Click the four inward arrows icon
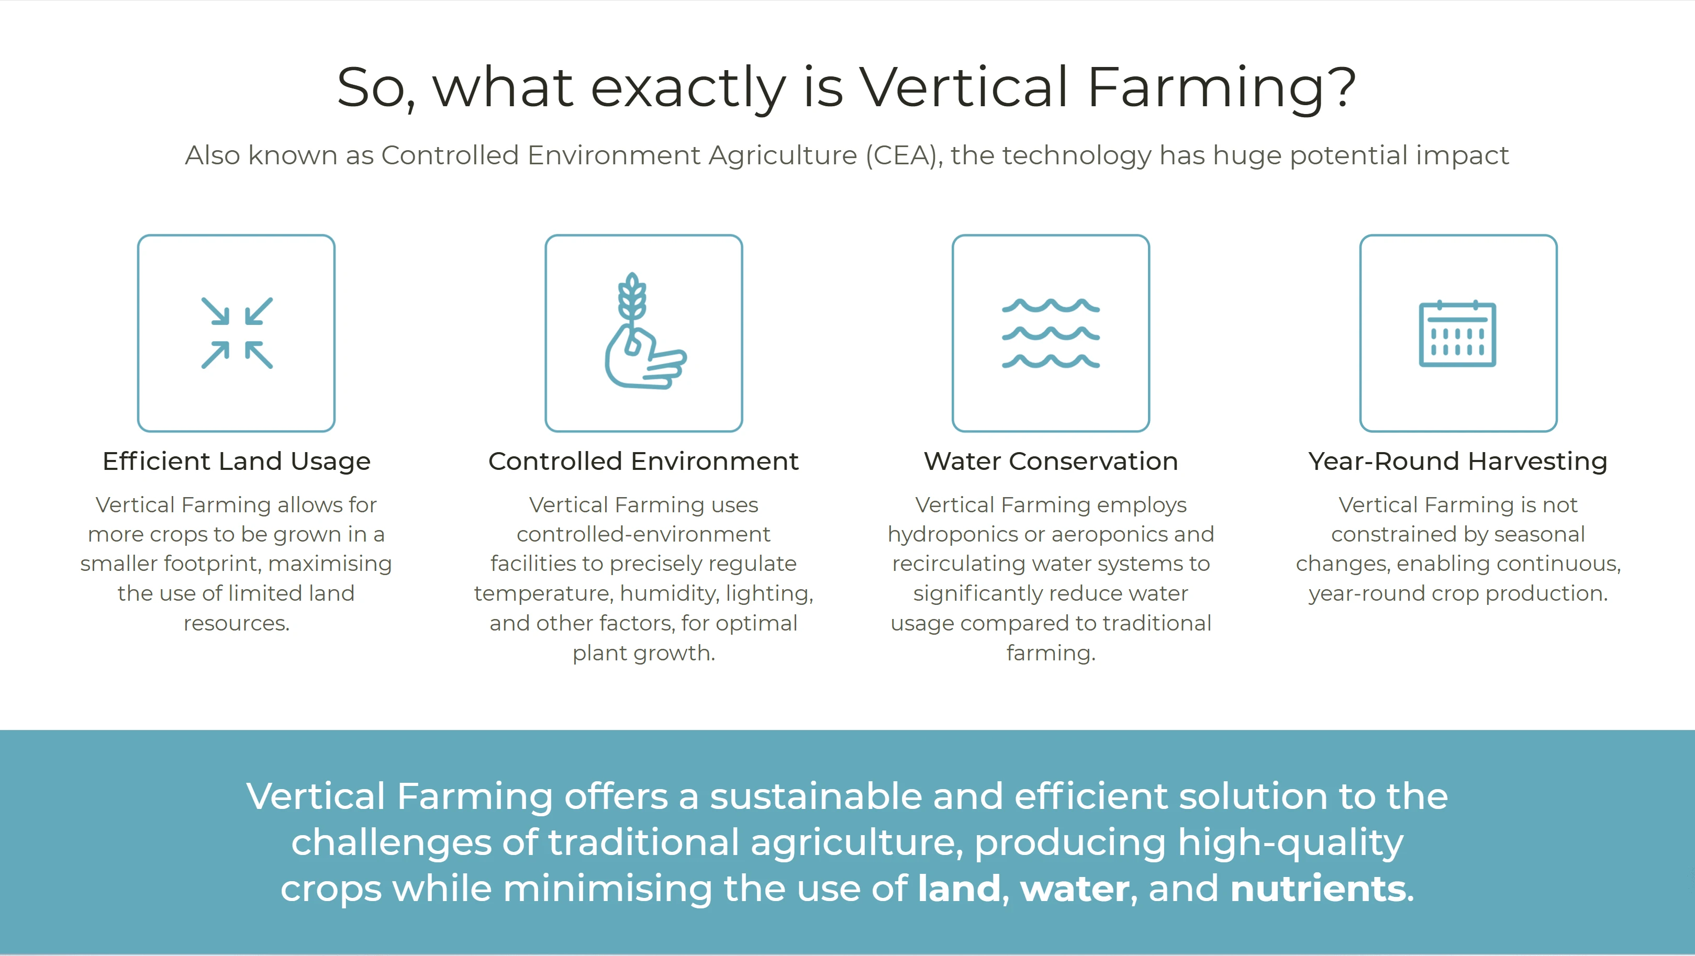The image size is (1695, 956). click(x=237, y=333)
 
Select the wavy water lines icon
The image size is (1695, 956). click(x=1051, y=333)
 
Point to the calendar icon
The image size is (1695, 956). click(x=1457, y=334)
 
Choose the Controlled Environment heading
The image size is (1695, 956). click(x=643, y=461)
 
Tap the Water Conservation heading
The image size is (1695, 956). click(x=1051, y=461)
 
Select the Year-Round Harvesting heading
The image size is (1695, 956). click(x=1458, y=461)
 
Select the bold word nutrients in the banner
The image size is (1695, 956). click(x=1318, y=889)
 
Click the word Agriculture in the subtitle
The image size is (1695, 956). click(x=783, y=156)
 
